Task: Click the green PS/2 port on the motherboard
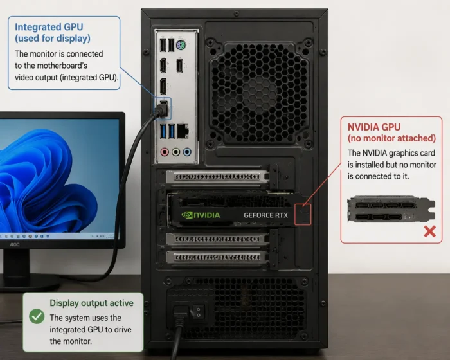click(181, 46)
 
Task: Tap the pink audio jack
click(165, 152)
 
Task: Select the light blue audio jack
click(187, 152)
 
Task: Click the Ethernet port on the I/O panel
click(183, 131)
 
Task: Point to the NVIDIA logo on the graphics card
click(201, 215)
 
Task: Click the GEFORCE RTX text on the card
click(265, 215)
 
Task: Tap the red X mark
click(429, 231)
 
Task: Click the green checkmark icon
click(37, 316)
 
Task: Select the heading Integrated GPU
click(49, 27)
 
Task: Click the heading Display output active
click(91, 303)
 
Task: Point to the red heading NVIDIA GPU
click(374, 127)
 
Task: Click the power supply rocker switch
click(198, 311)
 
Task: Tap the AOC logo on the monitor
click(15, 244)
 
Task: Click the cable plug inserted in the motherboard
click(161, 109)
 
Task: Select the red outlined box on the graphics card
click(303, 215)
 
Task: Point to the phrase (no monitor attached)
click(392, 138)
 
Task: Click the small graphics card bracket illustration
click(392, 209)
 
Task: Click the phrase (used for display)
click(53, 39)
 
